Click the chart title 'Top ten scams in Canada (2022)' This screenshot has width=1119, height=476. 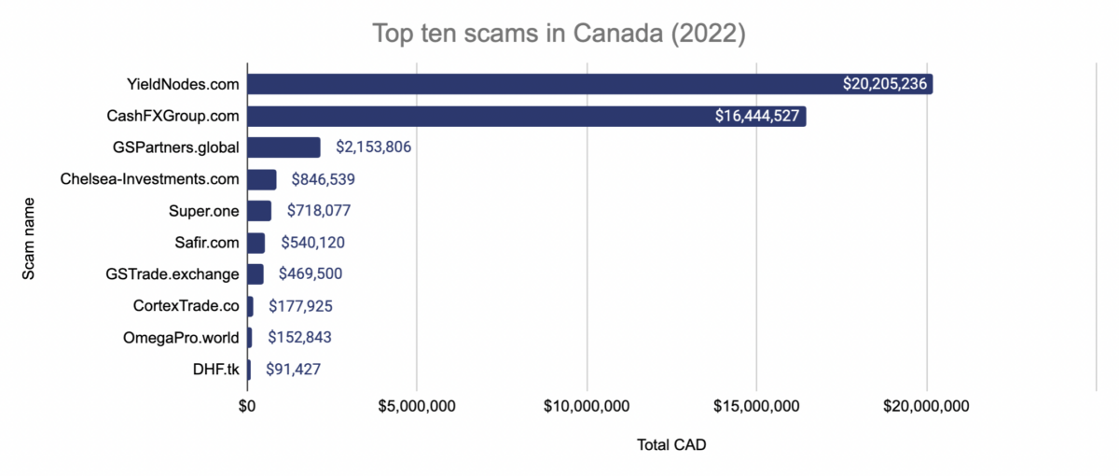[559, 34]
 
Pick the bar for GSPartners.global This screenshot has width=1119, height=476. [283, 147]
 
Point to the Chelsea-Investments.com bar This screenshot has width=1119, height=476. [262, 179]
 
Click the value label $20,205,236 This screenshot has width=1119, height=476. [884, 85]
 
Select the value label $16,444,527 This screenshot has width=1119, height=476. [756, 117]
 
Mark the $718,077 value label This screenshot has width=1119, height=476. [318, 211]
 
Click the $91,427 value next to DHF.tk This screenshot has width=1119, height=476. [294, 370]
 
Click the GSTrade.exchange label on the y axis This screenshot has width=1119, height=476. [173, 274]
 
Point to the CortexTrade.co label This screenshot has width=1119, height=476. [186, 306]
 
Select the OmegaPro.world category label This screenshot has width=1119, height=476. [181, 338]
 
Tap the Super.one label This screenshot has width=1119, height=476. [204, 211]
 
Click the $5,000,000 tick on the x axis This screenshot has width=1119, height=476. [417, 406]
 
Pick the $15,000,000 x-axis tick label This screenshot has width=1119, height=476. [756, 406]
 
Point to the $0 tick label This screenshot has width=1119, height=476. [247, 406]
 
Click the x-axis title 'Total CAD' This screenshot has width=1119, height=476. [671, 445]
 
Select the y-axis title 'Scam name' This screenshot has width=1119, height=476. [29, 237]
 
